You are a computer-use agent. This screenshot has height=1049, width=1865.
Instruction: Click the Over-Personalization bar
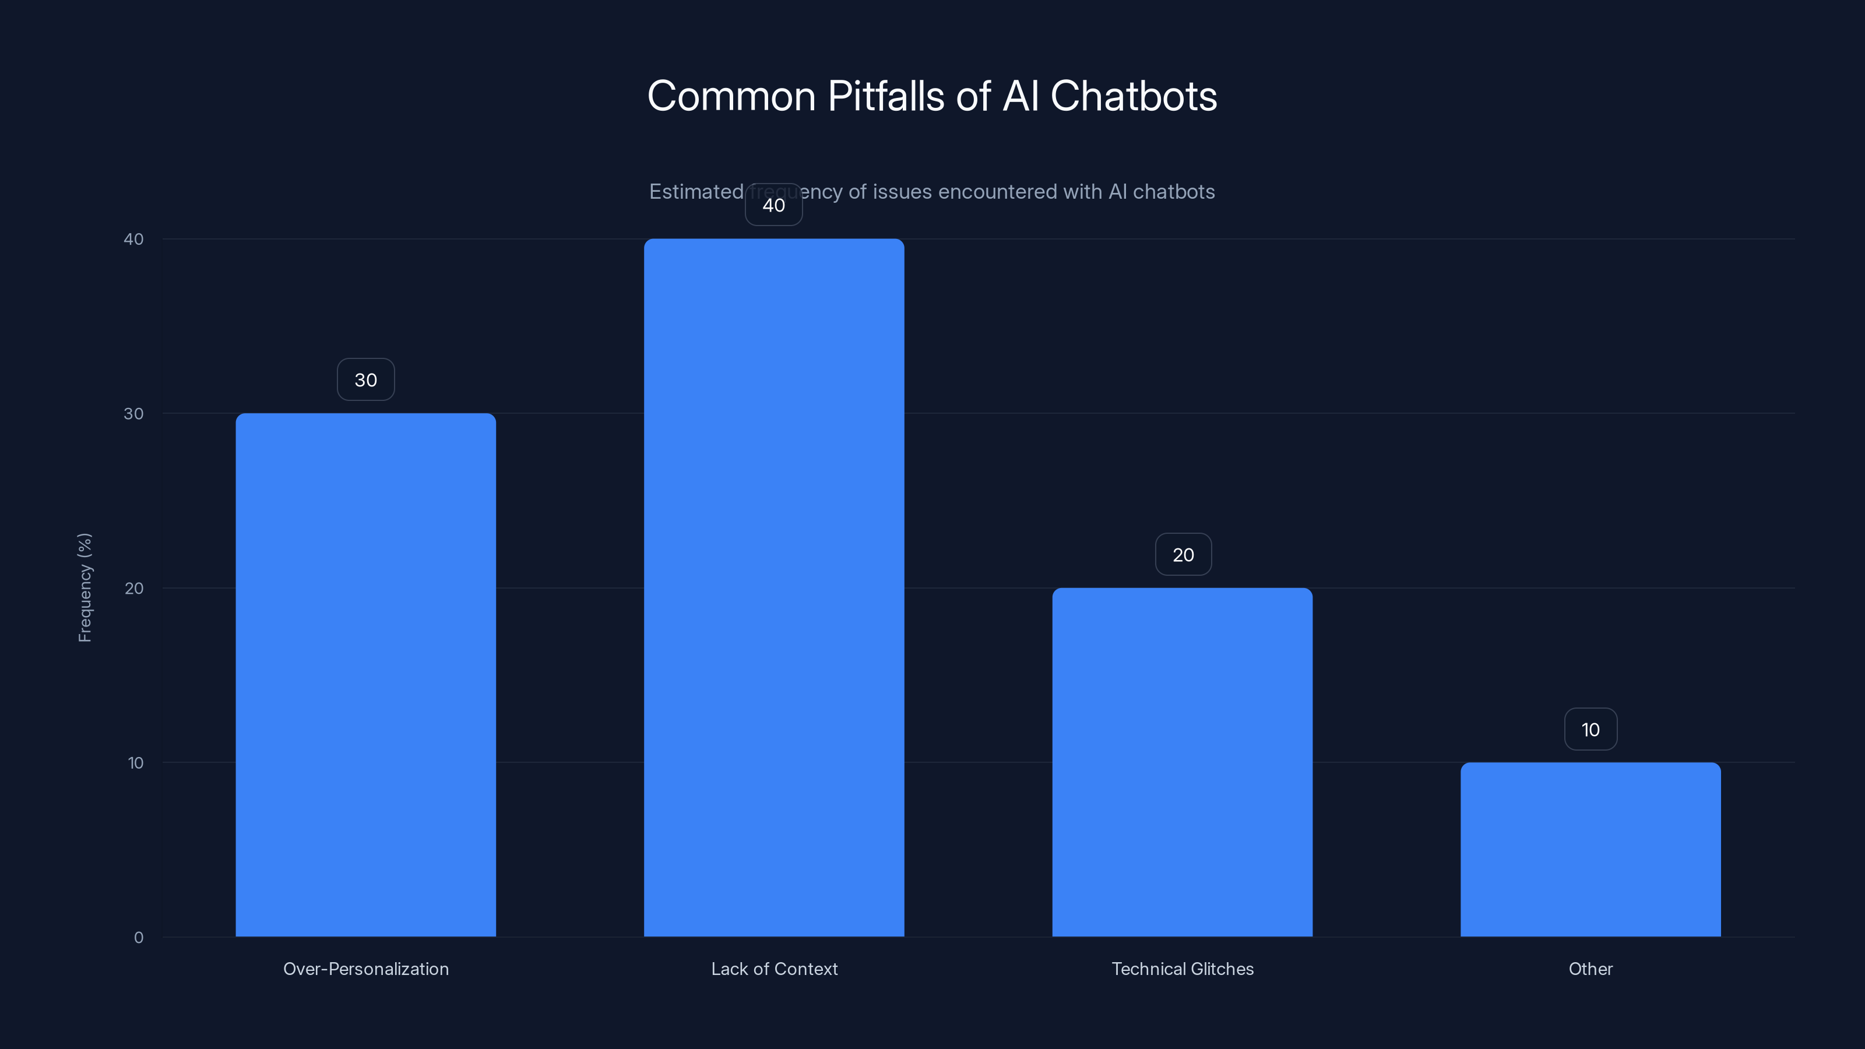(x=365, y=675)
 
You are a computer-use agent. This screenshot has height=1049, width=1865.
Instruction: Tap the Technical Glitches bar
(x=1183, y=762)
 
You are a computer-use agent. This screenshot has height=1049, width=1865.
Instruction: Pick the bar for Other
(x=1590, y=849)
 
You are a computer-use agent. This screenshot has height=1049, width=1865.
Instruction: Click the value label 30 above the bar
(x=365, y=379)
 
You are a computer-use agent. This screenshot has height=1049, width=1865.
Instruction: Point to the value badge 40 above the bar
(x=774, y=205)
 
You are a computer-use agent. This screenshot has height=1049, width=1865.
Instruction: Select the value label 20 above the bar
(x=1183, y=555)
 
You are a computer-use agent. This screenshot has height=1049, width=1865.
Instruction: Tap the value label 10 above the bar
(x=1590, y=729)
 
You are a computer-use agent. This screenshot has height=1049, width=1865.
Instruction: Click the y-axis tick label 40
(x=134, y=239)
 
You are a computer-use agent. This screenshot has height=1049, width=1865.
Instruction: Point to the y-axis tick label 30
(x=134, y=413)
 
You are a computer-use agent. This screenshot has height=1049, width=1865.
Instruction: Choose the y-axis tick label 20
(x=134, y=588)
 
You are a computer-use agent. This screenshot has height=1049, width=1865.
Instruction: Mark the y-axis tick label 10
(x=135, y=762)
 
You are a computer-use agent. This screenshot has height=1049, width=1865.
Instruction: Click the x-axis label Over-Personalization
(x=365, y=969)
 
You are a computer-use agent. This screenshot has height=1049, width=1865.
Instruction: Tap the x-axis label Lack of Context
(x=774, y=969)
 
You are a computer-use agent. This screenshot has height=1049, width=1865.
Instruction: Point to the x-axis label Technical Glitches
(x=1183, y=969)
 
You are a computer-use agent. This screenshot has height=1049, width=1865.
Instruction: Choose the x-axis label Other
(x=1590, y=969)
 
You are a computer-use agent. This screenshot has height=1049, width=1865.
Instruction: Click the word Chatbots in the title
(x=1133, y=96)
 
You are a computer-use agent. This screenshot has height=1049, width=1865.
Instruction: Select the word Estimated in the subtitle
(x=696, y=191)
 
